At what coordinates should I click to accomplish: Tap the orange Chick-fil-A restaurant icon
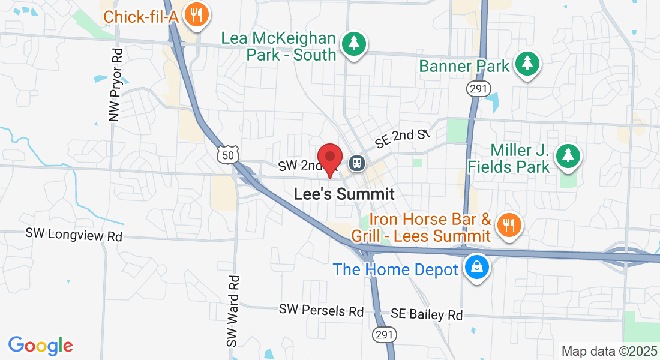196,14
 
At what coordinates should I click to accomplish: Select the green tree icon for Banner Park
527,64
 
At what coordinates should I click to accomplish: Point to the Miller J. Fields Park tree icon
567,156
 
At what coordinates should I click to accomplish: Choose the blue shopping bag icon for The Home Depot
476,268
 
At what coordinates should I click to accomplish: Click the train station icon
358,163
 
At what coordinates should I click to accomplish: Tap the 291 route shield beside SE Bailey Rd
382,333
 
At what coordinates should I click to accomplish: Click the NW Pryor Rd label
116,85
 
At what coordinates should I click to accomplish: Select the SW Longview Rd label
74,235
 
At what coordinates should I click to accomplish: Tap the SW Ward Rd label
233,311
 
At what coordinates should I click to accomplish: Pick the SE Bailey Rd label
427,314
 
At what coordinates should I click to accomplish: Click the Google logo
40,345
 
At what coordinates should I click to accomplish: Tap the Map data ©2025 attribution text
609,351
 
